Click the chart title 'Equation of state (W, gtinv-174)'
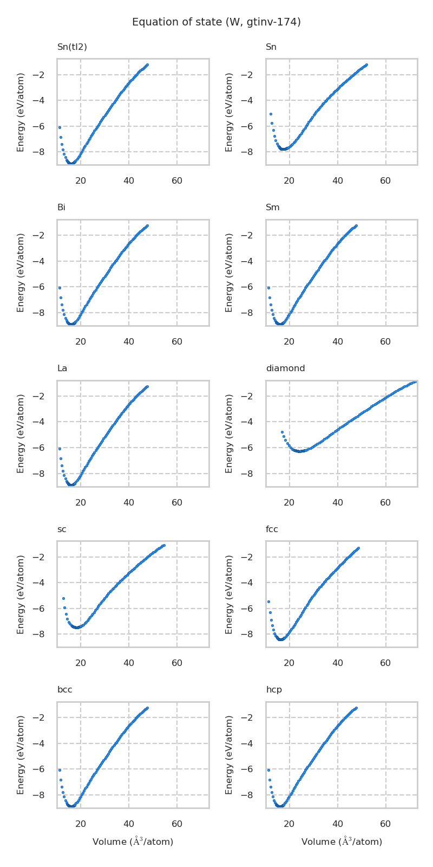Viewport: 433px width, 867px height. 216,22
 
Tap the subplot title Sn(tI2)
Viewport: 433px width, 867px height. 72,47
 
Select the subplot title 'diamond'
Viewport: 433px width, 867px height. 285,368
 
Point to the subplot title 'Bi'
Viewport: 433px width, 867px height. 61,208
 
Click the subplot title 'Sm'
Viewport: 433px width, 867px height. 272,208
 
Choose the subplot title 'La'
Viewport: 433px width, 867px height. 62,368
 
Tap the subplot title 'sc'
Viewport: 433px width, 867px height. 62,529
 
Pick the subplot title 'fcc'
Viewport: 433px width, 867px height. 272,529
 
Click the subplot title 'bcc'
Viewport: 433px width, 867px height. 64,690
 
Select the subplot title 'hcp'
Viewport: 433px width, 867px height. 274,690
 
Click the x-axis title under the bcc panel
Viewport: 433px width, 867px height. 133,842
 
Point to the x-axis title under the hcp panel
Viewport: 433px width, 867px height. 342,842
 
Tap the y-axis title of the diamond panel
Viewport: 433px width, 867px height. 229,433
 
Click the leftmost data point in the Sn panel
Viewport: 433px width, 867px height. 271,114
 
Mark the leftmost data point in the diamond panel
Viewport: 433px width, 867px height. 282,432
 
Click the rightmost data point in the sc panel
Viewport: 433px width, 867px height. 163,545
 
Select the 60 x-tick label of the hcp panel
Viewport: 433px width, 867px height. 385,824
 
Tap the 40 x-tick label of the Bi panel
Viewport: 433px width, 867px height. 129,342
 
